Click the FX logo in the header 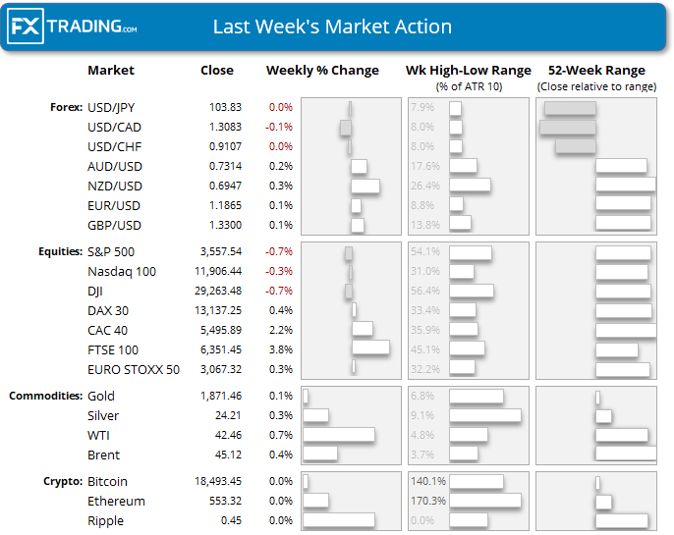coord(27,27)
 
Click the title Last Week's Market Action coord(332,27)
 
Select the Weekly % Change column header coord(322,71)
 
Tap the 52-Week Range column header coord(596,71)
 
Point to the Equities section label coord(58,251)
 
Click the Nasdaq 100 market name coord(122,271)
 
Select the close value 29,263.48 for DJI coord(218,291)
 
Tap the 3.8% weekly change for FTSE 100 coord(280,349)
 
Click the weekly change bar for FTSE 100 coord(370,348)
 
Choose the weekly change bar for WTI coord(339,435)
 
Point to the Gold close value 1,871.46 coord(218,396)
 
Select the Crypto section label coord(63,482)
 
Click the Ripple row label coord(105,521)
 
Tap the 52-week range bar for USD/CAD coord(567,127)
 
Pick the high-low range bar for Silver coord(484,415)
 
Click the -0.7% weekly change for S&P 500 coord(280,251)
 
